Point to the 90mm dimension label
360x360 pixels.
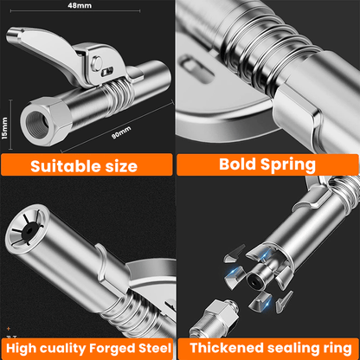121,132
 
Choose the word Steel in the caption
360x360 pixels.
152,347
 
